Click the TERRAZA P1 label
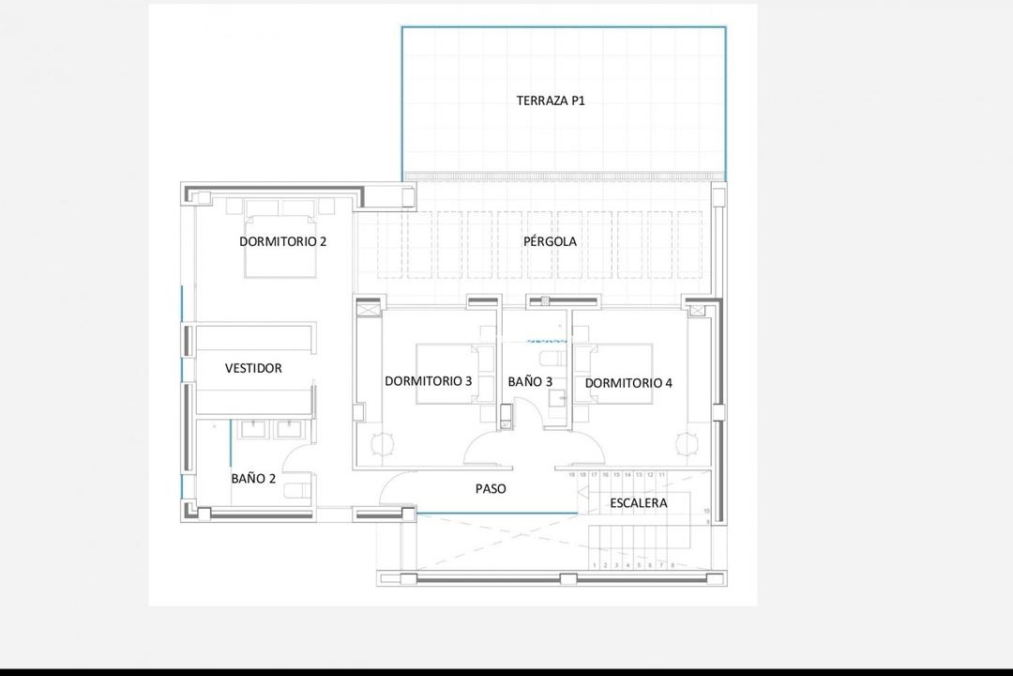pyautogui.click(x=551, y=100)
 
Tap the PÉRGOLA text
pyautogui.click(x=550, y=241)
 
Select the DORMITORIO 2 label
pyautogui.click(x=282, y=241)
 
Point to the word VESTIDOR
pyautogui.click(x=253, y=368)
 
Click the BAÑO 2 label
pyautogui.click(x=253, y=478)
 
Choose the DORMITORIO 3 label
pyautogui.click(x=428, y=381)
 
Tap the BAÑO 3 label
pyautogui.click(x=530, y=382)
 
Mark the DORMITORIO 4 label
pyautogui.click(x=628, y=383)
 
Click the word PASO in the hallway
pyautogui.click(x=491, y=488)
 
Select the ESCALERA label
pyautogui.click(x=639, y=503)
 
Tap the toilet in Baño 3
pyautogui.click(x=551, y=359)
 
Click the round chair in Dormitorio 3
pyautogui.click(x=382, y=444)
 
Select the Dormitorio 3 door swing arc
pyautogui.click(x=485, y=446)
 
